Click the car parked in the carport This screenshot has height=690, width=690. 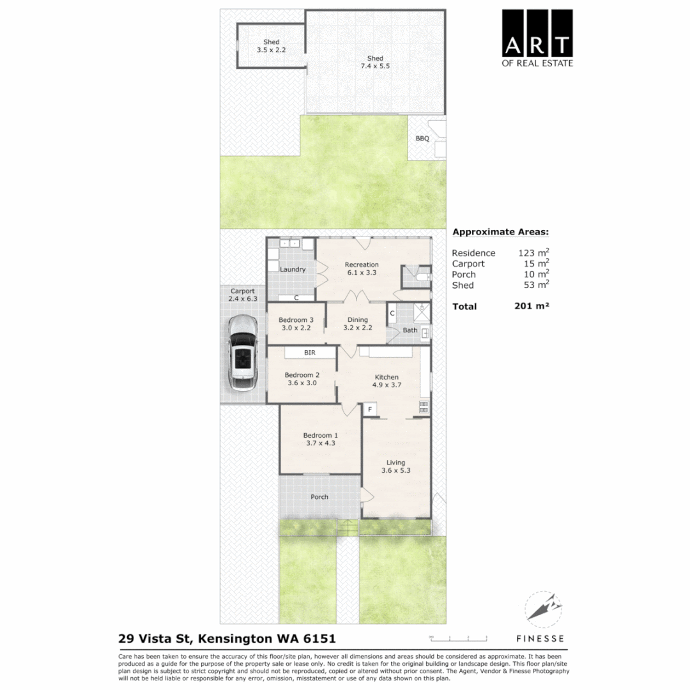tap(242, 353)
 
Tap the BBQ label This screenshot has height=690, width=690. tap(422, 138)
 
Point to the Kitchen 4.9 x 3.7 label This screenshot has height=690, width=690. tap(386, 381)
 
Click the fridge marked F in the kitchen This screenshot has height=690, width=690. tap(369, 408)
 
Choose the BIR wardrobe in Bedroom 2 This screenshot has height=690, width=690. tap(310, 352)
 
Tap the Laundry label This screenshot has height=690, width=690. tap(293, 269)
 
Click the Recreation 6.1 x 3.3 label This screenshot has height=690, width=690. tap(362, 268)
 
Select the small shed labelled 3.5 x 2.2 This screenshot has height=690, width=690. tap(271, 45)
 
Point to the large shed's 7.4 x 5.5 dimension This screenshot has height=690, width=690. tap(375, 66)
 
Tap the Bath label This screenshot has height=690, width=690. tap(410, 330)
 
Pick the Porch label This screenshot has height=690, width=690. tap(319, 496)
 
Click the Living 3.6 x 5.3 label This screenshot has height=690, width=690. tap(395, 466)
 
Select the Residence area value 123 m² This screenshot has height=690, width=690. tap(533, 252)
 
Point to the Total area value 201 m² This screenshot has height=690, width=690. tap(532, 306)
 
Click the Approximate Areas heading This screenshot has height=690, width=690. tap(500, 233)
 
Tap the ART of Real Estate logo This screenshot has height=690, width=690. tap(537, 38)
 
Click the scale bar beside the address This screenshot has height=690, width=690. tap(457, 638)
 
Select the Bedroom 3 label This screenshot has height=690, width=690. tap(297, 323)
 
